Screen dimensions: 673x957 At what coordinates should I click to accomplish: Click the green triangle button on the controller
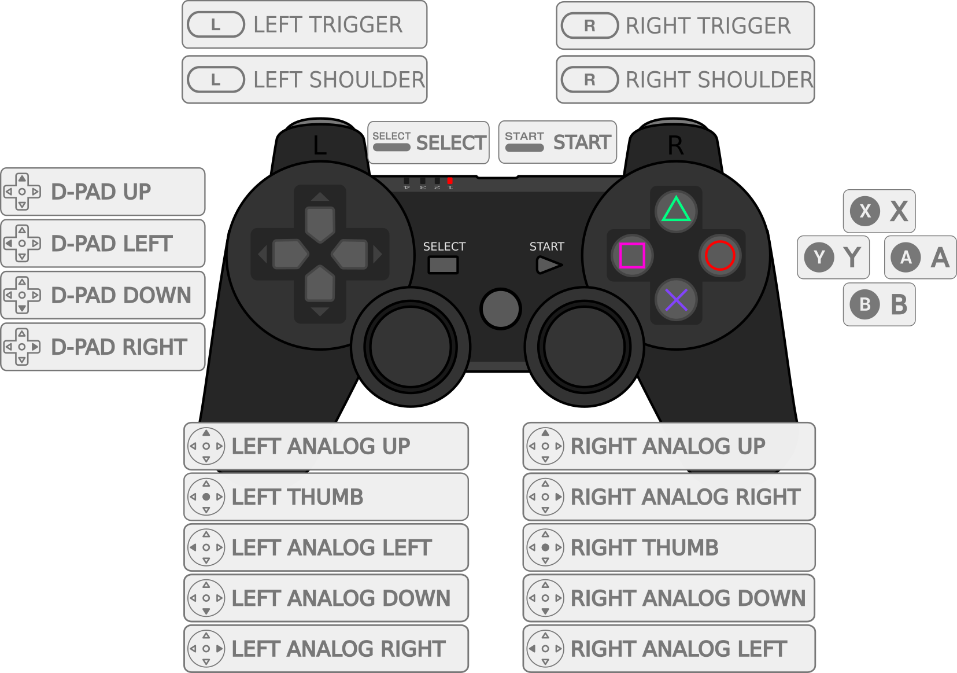point(676,210)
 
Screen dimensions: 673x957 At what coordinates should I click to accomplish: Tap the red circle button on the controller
point(720,255)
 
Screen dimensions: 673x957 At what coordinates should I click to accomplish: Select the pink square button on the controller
point(632,255)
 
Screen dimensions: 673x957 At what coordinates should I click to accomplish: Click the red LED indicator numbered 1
point(450,181)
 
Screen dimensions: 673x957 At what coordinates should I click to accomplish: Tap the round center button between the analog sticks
point(501,308)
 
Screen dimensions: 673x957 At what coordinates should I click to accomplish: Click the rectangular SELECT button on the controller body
point(443,265)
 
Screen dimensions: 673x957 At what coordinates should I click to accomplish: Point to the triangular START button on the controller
point(548,265)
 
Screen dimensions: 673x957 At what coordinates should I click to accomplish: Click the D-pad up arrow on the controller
point(320,223)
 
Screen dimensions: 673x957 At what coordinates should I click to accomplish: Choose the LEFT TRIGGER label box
point(304,25)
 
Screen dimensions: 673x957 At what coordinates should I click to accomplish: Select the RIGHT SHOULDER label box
point(685,80)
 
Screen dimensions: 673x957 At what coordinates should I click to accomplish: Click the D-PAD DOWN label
point(103,295)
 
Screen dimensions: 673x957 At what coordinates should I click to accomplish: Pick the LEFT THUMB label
point(326,497)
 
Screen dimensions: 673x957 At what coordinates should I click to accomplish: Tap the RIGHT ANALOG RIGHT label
point(669,497)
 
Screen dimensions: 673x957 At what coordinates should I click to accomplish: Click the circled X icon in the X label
point(865,211)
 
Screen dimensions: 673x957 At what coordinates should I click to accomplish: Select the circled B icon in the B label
point(865,304)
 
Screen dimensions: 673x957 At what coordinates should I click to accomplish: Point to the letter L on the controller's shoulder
point(320,146)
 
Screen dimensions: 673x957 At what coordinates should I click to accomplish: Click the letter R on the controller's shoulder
point(675,146)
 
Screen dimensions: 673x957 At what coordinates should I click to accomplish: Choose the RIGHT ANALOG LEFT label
point(669,649)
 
